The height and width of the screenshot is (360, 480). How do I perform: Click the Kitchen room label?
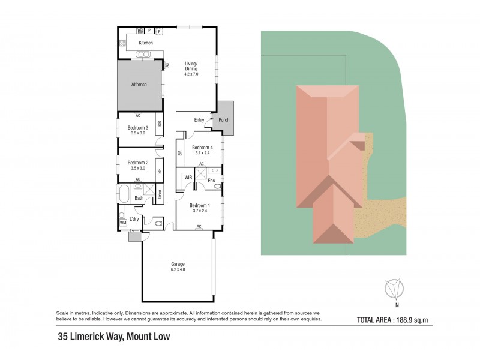coord(146,43)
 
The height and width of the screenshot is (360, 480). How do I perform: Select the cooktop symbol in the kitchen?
coord(122,43)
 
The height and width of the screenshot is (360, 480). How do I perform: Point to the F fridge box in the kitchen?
coord(158,30)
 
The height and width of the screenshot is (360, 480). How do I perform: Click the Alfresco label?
coord(139,85)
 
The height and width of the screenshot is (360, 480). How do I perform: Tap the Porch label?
coord(224,120)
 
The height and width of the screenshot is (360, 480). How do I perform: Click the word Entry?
coord(199,120)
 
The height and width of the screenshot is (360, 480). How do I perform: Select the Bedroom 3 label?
coord(138,128)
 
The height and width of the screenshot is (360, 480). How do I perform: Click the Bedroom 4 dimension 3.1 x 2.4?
coord(202,153)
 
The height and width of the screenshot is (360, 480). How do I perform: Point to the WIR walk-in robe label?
coord(188,178)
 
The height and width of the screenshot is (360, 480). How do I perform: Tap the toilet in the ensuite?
coord(217,186)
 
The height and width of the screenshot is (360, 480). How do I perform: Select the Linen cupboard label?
coord(160,194)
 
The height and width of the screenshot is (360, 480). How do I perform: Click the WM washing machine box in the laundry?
coord(123,223)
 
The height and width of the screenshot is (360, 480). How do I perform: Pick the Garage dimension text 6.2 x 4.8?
coord(178,269)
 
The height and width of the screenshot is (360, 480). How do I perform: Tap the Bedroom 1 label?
coord(199,206)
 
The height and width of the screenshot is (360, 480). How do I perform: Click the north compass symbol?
coord(394,289)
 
